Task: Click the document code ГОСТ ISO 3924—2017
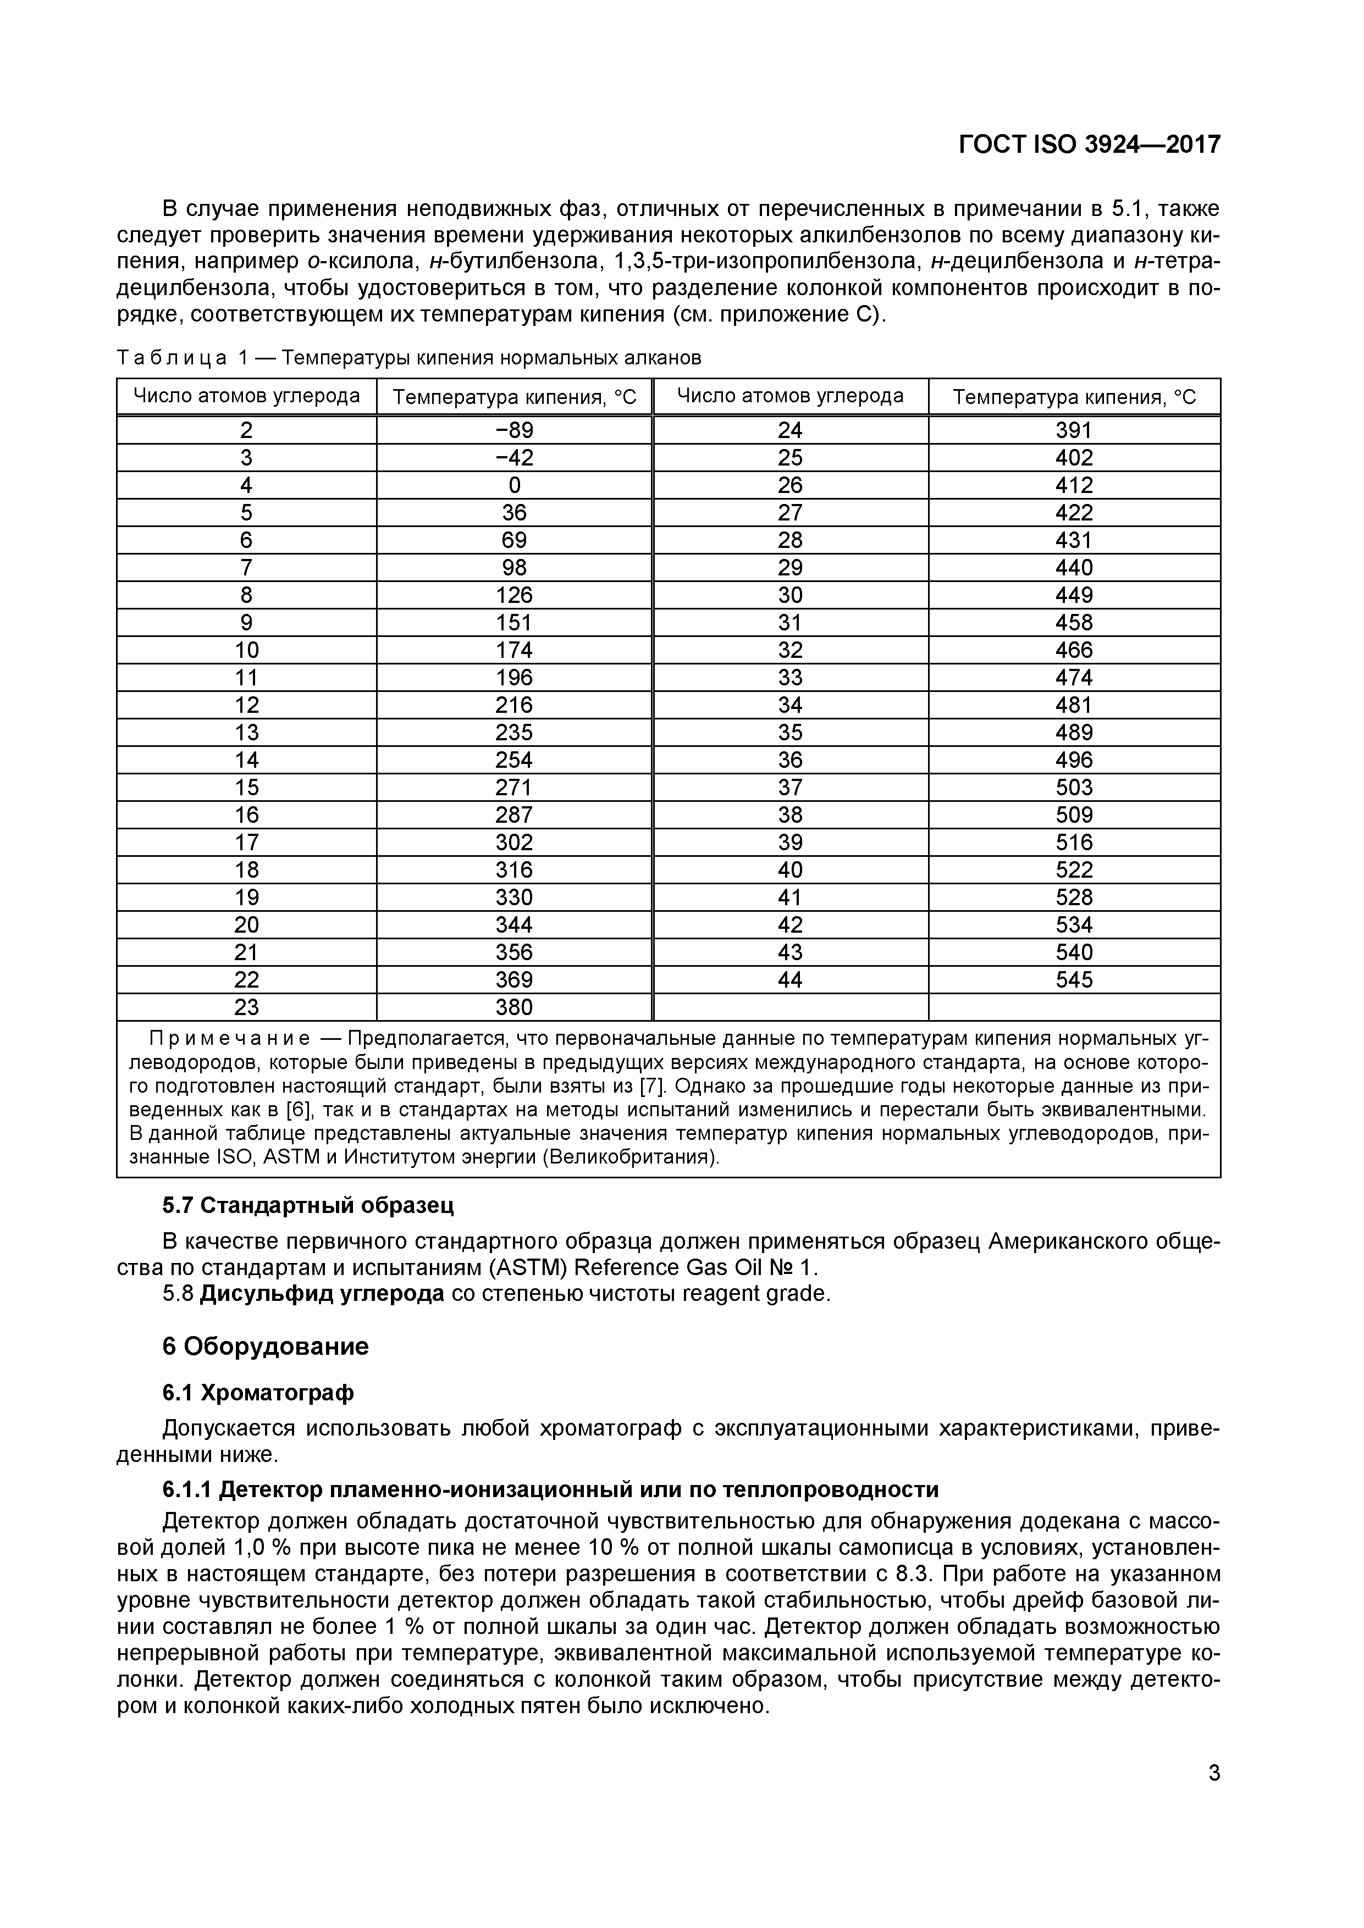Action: tap(1089, 145)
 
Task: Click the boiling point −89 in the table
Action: tap(514, 430)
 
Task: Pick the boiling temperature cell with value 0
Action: tap(514, 485)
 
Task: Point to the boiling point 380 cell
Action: tap(514, 1007)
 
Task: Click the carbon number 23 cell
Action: tap(246, 1007)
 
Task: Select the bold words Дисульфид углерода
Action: tap(322, 1294)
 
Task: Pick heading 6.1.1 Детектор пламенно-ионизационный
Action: tap(550, 1489)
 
